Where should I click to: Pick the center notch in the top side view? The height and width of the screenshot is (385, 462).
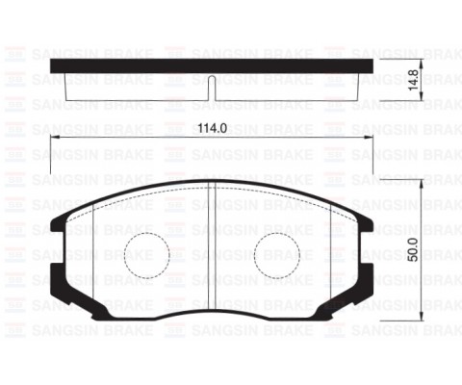click(212, 92)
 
